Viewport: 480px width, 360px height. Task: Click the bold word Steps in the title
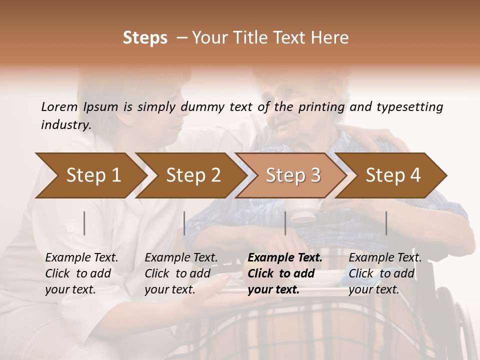pyautogui.click(x=145, y=38)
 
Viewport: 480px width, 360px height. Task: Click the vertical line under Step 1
pyautogui.click(x=84, y=223)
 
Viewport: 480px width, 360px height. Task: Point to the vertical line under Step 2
pyautogui.click(x=184, y=223)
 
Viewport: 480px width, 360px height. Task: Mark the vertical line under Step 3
pyautogui.click(x=285, y=223)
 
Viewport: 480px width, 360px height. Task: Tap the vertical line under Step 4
pyautogui.click(x=386, y=223)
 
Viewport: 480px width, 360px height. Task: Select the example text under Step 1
pyautogui.click(x=81, y=273)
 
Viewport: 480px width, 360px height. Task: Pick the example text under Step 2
pyautogui.click(x=181, y=273)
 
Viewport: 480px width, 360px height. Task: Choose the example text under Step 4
pyautogui.click(x=385, y=273)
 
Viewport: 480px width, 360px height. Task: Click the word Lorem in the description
pyautogui.click(x=59, y=107)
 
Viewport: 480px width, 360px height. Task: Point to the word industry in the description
pyautogui.click(x=65, y=125)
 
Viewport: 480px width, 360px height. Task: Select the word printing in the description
pyautogui.click(x=320, y=107)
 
